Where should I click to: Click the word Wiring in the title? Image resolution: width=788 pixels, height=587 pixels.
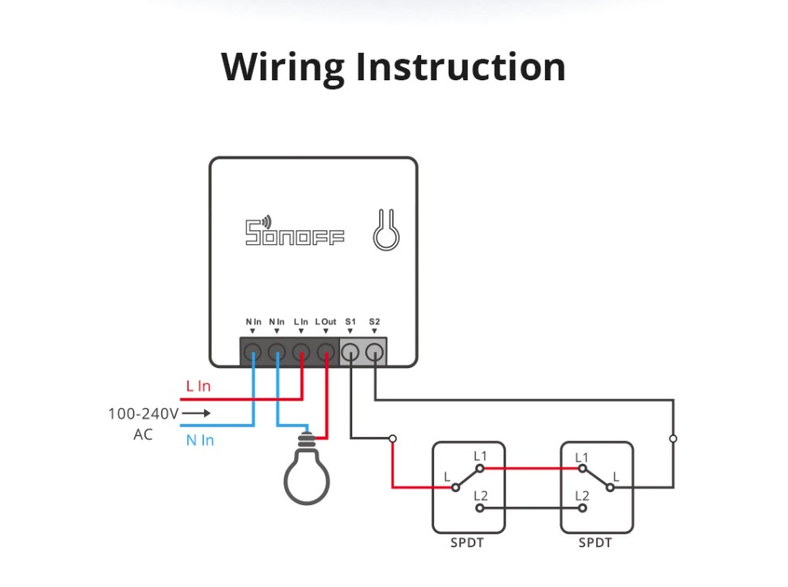[283, 67]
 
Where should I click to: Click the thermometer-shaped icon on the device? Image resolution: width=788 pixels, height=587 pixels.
[386, 230]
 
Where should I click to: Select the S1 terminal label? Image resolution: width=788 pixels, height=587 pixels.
[351, 321]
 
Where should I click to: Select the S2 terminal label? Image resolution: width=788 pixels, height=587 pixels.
[374, 321]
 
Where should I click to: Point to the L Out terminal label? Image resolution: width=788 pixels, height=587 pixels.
[326, 321]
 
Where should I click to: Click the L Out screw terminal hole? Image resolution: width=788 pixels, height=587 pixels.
[326, 352]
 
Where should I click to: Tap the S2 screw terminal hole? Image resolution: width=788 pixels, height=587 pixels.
[374, 352]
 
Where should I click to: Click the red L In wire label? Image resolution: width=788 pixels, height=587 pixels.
[198, 386]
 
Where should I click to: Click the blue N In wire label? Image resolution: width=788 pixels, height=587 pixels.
[200, 440]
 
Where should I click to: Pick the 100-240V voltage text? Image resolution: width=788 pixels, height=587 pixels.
[143, 413]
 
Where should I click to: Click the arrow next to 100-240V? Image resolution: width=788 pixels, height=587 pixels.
[196, 413]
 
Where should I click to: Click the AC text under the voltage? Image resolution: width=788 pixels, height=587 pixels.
[143, 434]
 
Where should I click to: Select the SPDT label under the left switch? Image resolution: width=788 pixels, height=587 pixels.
[466, 542]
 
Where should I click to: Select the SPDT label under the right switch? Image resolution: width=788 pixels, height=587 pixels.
[595, 542]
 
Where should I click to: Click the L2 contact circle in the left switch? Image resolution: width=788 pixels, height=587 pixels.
[480, 508]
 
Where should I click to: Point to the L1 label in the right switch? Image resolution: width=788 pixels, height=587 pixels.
[581, 457]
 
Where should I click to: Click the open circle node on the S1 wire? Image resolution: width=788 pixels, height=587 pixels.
[393, 439]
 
